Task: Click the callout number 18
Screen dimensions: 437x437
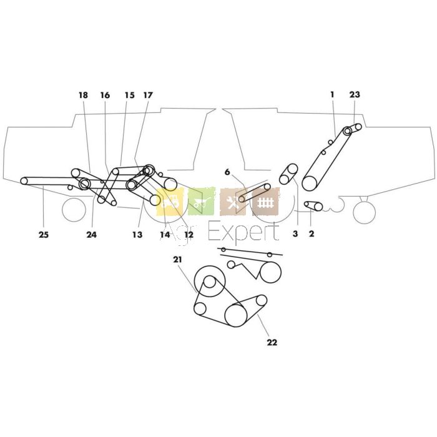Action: [x=84, y=96]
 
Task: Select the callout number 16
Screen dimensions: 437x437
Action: [x=105, y=96]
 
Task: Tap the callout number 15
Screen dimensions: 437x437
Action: [x=129, y=96]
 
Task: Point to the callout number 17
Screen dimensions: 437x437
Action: [x=148, y=96]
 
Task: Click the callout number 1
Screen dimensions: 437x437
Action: [x=333, y=94]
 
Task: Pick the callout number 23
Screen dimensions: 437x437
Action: [x=355, y=95]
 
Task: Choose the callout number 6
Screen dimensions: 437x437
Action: [x=228, y=172]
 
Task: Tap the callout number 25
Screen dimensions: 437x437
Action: [x=43, y=235]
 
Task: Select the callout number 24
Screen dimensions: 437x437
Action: [x=92, y=235]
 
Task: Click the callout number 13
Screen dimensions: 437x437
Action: [x=137, y=235]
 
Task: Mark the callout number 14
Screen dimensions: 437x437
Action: [x=165, y=235]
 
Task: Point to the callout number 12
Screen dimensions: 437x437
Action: [x=188, y=235]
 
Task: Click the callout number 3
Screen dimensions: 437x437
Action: [x=295, y=233]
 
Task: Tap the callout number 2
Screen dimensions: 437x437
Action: [x=312, y=233]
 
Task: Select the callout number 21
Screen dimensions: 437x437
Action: [x=177, y=259]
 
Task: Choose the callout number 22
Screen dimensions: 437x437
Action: [x=272, y=342]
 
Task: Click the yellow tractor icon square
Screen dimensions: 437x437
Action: [x=170, y=202]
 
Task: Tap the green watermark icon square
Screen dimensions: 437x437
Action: [x=201, y=202]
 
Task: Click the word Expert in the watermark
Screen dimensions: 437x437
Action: [x=243, y=232]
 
